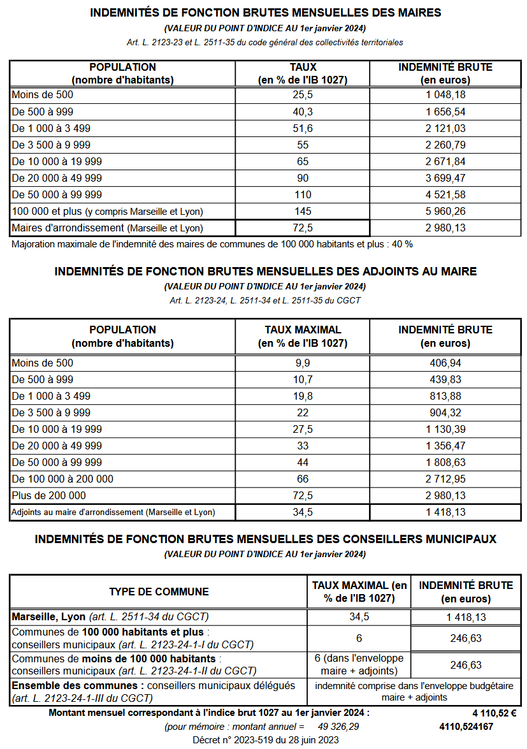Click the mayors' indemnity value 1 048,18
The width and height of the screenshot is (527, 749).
[445, 95]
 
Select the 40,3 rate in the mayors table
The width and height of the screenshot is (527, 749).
[303, 112]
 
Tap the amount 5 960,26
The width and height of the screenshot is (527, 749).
[445, 211]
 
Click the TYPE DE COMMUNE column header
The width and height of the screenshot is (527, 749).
[159, 592]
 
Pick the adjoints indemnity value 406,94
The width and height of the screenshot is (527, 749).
[445, 363]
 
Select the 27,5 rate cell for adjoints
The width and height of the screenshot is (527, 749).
[303, 429]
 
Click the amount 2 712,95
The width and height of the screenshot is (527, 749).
[445, 479]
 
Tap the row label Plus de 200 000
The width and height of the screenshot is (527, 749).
[48, 495]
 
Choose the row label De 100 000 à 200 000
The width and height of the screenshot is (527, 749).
[62, 479]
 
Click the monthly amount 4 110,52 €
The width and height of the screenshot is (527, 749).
[494, 713]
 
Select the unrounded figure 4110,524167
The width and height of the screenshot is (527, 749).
[466, 727]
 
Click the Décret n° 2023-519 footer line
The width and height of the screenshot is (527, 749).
[266, 740]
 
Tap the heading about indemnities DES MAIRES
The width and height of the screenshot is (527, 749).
[266, 13]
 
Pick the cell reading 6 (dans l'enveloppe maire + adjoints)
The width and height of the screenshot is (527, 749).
[359, 664]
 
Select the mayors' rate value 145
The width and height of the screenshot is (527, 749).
[303, 211]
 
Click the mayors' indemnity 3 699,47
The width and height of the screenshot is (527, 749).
[445, 178]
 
